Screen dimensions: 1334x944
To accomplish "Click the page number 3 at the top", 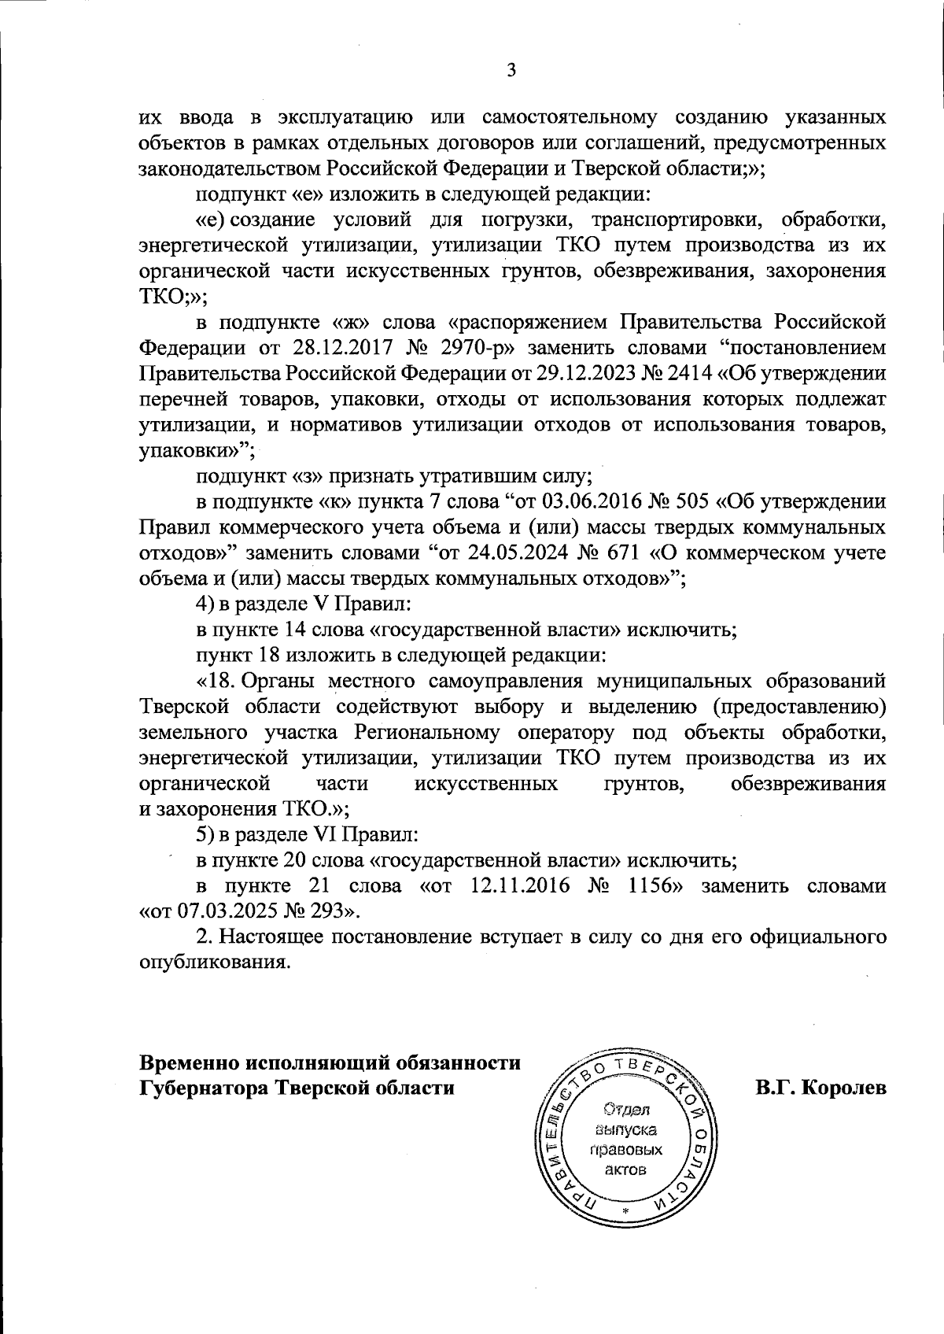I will click(x=511, y=71).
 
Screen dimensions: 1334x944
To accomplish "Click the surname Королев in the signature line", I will click(x=843, y=1088).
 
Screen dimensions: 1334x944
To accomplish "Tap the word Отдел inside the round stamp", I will click(x=625, y=1112).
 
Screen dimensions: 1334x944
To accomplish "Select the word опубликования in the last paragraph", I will click(x=210, y=963).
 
